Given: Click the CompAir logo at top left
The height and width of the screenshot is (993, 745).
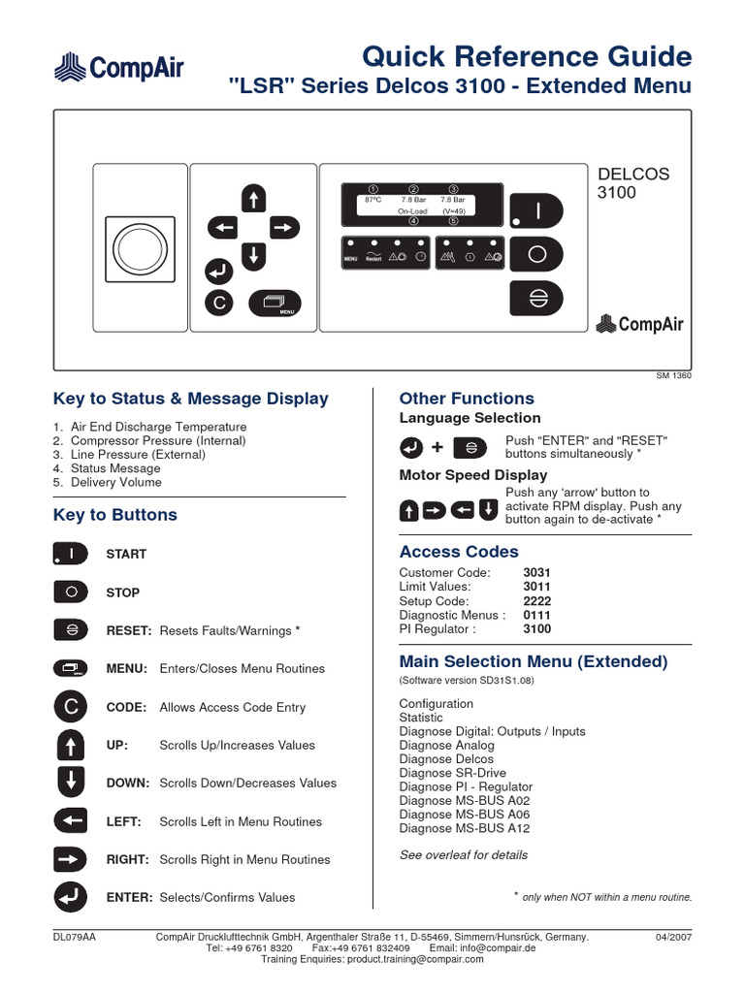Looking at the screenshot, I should [x=117, y=68].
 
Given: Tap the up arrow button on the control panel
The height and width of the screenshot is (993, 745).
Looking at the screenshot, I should [x=253, y=199].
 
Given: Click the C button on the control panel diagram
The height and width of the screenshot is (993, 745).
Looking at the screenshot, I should [x=219, y=304].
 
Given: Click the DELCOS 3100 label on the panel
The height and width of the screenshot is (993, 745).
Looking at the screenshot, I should [x=632, y=183].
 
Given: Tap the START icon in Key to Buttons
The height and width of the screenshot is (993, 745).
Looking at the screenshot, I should [x=72, y=554].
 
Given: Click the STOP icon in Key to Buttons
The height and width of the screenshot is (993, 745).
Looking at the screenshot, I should [x=72, y=592].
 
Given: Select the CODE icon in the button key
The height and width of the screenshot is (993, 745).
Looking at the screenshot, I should [x=72, y=707].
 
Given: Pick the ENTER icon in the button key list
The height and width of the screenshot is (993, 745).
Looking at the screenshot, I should [x=72, y=897].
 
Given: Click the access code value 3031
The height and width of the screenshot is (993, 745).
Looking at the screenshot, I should [x=536, y=573].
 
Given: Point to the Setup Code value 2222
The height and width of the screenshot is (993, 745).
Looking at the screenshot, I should [x=536, y=601].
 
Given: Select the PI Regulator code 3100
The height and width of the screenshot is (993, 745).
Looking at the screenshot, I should [x=536, y=629].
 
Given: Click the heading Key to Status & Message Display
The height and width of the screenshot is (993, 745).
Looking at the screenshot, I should [x=191, y=399].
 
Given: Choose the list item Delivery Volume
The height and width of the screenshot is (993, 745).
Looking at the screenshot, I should [x=115, y=482].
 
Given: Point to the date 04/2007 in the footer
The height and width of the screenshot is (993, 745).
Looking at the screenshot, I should [x=674, y=938].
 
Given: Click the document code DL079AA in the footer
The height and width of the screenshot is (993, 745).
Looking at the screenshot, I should [x=74, y=938].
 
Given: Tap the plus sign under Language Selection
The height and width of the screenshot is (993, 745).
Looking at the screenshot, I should [x=437, y=447].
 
